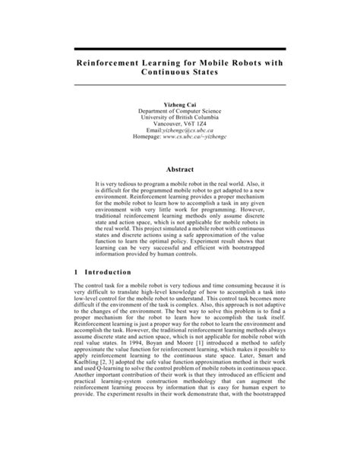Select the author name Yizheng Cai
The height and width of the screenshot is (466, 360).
(x=179, y=102)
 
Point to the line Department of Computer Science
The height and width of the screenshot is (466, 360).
(x=179, y=110)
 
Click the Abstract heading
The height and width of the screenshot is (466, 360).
(x=180, y=169)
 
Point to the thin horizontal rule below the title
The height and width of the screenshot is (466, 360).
(x=179, y=84)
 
